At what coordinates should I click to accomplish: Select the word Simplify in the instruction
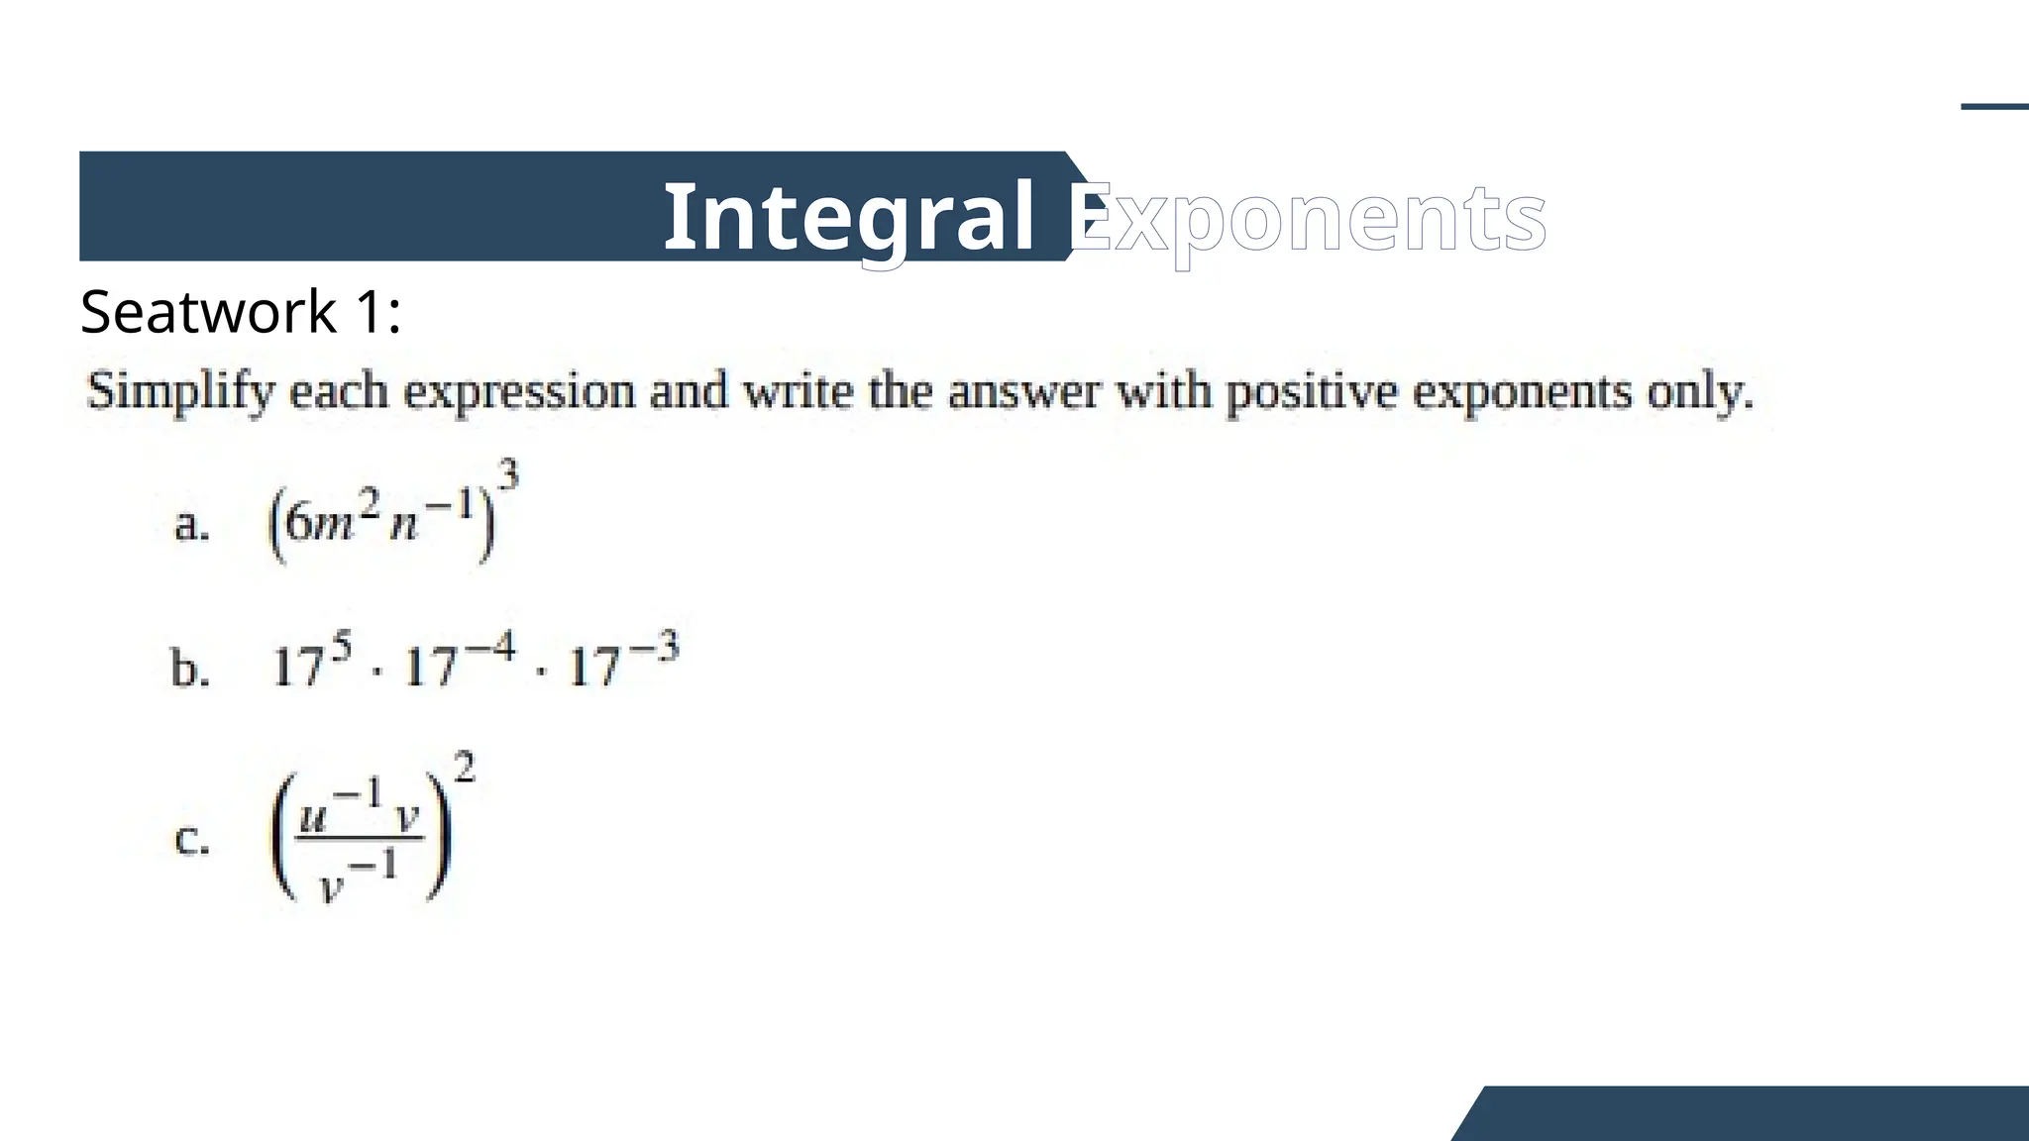(x=180, y=392)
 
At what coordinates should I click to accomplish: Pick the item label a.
(x=191, y=524)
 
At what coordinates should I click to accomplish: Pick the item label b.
(x=190, y=669)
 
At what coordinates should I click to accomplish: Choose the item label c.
(x=191, y=839)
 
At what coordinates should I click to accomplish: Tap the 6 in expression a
(x=296, y=522)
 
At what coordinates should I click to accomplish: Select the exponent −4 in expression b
(x=491, y=649)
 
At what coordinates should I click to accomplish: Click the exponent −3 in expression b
(x=654, y=649)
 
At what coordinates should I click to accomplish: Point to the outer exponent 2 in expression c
(x=463, y=768)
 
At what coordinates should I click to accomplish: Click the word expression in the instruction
(x=519, y=392)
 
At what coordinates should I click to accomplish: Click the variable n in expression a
(x=404, y=524)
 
